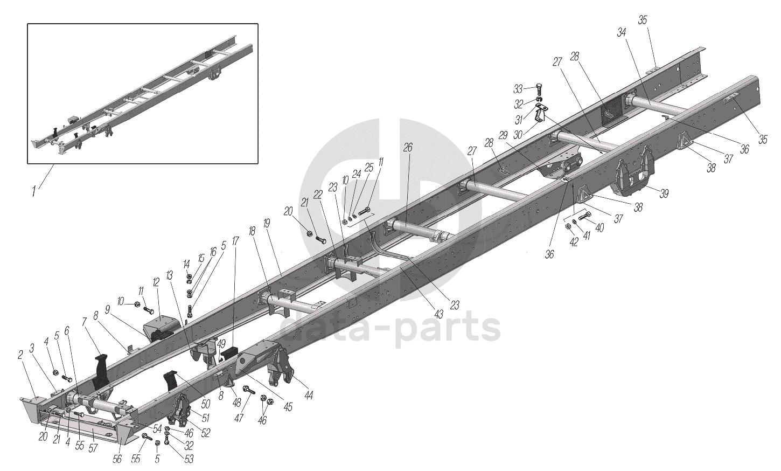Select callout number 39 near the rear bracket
click(664, 193)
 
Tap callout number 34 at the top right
click(622, 33)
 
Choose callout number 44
click(308, 395)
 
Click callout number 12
click(156, 282)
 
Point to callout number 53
click(189, 459)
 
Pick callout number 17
click(235, 241)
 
